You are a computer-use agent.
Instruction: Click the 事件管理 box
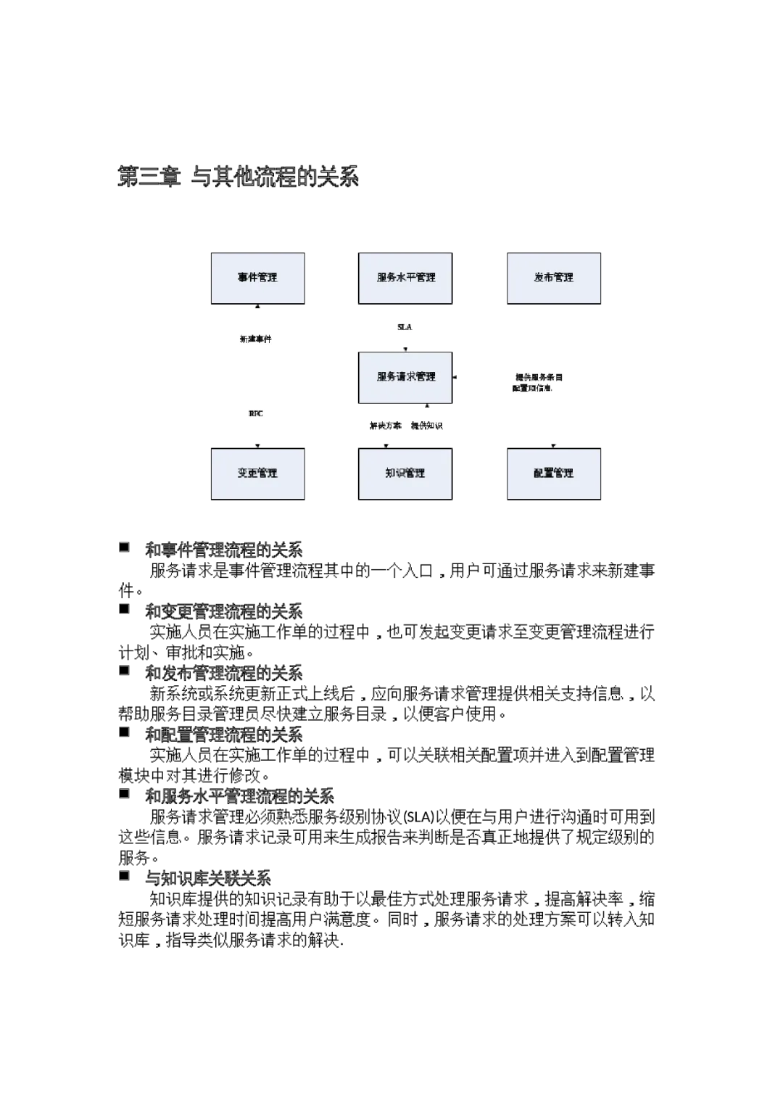[x=258, y=278]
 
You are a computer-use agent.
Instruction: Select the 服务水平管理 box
[x=405, y=278]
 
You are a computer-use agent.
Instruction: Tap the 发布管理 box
[x=554, y=278]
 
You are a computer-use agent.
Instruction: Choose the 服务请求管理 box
[x=405, y=377]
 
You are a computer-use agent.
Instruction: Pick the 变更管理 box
[x=258, y=474]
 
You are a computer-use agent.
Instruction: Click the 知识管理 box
[x=405, y=474]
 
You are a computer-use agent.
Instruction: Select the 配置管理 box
[x=554, y=474]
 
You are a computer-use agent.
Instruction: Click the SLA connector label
[x=405, y=328]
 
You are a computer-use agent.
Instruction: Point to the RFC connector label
[x=255, y=414]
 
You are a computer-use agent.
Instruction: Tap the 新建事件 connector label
[x=255, y=339]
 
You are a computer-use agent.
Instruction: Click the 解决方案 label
[x=385, y=426]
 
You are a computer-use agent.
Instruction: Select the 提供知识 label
[x=428, y=426]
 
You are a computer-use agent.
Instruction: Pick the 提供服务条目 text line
[x=539, y=377]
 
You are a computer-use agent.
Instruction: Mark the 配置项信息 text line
[x=534, y=389]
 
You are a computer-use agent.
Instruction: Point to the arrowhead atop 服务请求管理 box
[x=405, y=350]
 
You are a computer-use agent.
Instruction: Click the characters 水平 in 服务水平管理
[x=406, y=278]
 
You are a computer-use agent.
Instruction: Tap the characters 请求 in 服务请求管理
[x=406, y=377]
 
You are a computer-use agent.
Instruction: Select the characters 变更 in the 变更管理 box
[x=247, y=474]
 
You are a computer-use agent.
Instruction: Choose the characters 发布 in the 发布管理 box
[x=544, y=278]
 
